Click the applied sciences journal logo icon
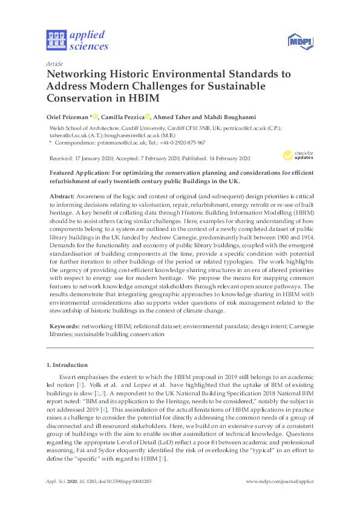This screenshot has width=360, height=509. click(x=56, y=40)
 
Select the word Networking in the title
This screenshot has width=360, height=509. click(x=80, y=74)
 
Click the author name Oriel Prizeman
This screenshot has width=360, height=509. click(x=68, y=117)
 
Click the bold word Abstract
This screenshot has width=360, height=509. click(x=59, y=197)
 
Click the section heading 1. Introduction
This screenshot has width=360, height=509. click(x=67, y=365)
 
